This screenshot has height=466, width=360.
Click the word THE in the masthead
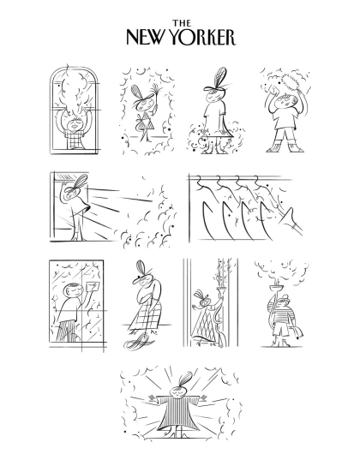tap(182, 23)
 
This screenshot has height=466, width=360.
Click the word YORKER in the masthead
tap(204, 37)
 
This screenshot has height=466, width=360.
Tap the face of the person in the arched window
tap(74, 124)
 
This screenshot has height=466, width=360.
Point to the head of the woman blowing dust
tap(72, 192)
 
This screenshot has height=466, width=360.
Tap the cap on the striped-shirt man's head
tap(283, 298)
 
